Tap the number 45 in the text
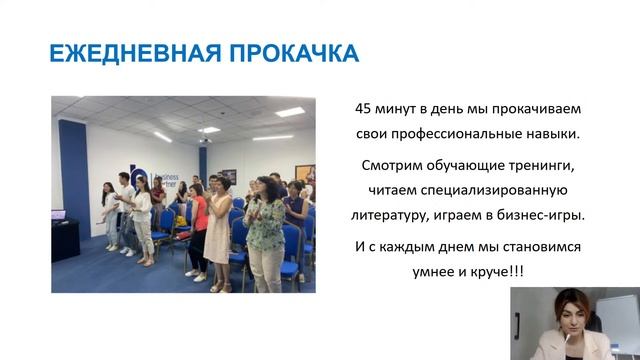click(x=365, y=108)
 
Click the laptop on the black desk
click(x=57, y=214)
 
